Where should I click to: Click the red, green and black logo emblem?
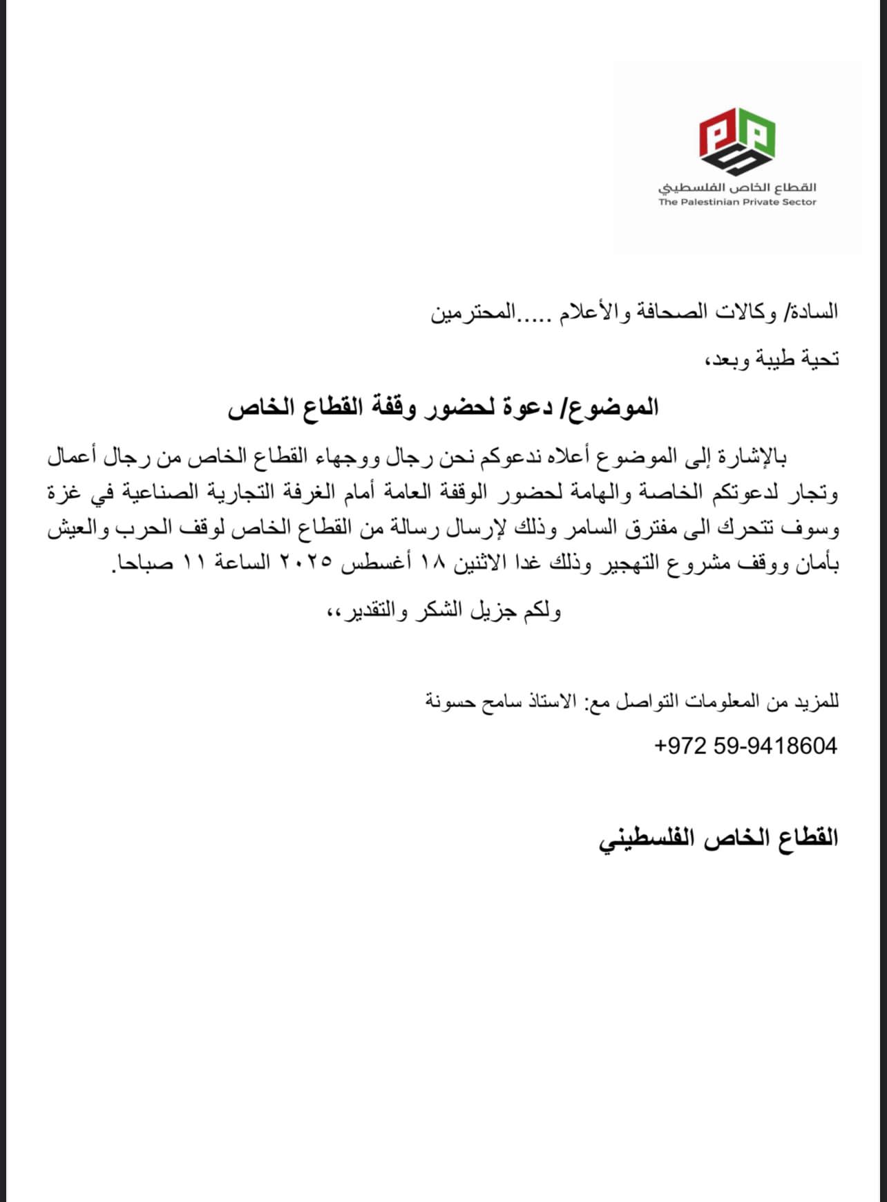point(736,142)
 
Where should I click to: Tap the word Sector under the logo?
point(800,202)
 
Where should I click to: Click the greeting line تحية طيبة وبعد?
point(770,359)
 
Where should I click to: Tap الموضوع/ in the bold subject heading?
point(613,407)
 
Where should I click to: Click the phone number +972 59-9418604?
point(745,746)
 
